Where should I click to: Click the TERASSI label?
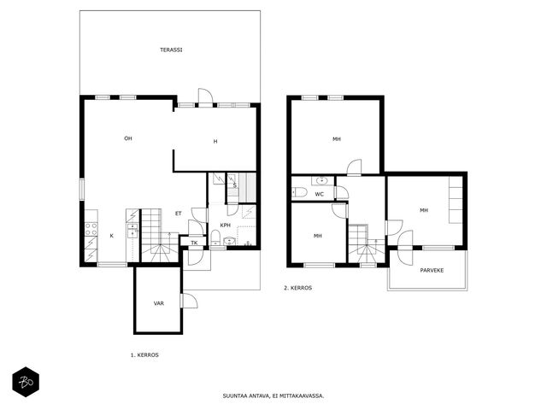click(x=171, y=50)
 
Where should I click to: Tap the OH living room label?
click(x=128, y=138)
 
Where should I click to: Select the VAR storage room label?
click(x=159, y=303)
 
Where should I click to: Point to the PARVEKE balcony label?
click(x=432, y=270)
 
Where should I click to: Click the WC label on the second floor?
click(x=319, y=194)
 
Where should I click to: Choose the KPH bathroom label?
click(x=226, y=225)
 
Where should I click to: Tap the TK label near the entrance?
click(x=194, y=243)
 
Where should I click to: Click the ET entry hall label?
click(x=179, y=214)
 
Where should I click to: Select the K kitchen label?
click(x=112, y=236)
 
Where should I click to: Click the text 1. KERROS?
click(x=144, y=355)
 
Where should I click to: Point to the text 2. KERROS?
click(x=297, y=288)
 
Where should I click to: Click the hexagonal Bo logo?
click(x=26, y=382)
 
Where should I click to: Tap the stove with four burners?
click(x=91, y=229)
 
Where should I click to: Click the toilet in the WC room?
click(x=299, y=192)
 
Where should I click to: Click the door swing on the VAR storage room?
click(x=190, y=301)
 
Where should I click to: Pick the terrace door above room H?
click(x=205, y=96)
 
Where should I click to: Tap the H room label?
click(x=215, y=141)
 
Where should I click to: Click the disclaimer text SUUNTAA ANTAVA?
click(x=245, y=395)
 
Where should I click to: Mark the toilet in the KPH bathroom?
click(x=215, y=237)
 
